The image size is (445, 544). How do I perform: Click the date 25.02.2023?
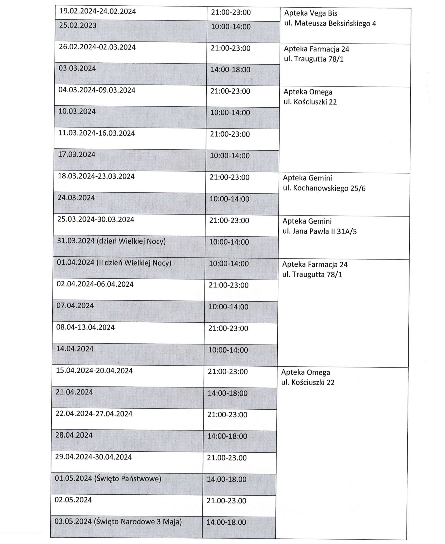pos(78,26)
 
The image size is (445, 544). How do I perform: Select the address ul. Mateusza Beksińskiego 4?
pos(330,24)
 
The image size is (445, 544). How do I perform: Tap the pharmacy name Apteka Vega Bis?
pos(311,13)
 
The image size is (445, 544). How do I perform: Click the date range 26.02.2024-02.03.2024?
pos(97,47)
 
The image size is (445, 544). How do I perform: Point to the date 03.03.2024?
pos(77,69)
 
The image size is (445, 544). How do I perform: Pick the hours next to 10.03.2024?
pos(230,113)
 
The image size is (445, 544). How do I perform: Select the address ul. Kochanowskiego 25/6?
pos(324,188)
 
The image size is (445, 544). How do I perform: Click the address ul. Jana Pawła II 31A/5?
pos(319,231)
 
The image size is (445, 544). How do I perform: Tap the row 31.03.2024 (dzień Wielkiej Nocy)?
pos(111,242)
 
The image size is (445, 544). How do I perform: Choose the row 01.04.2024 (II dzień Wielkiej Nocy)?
pos(114,263)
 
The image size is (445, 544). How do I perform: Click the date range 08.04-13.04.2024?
pos(85,328)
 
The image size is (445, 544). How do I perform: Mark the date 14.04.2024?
pos(75,349)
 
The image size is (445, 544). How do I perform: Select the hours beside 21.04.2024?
pos(227,393)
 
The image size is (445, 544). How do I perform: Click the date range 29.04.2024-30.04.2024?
pos(93,457)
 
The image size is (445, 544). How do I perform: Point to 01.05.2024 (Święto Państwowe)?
pos(108,479)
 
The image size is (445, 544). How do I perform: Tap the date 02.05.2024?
pos(73,500)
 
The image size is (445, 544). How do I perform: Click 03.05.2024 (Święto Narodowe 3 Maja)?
pos(118,522)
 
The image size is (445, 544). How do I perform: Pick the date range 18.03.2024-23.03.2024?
pos(96,177)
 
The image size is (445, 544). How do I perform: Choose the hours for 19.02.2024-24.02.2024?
pos(231,12)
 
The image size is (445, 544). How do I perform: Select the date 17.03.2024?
pos(76,155)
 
